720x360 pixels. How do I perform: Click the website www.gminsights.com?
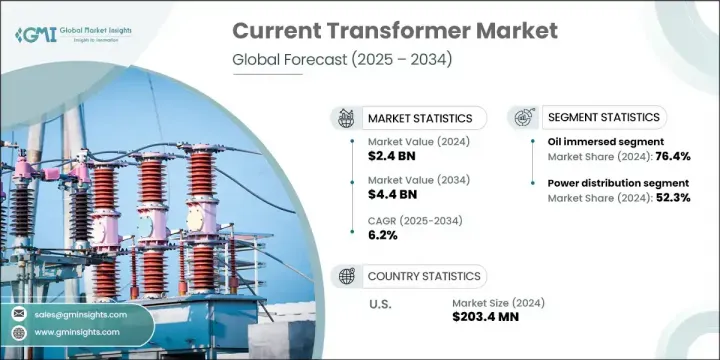(85, 331)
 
